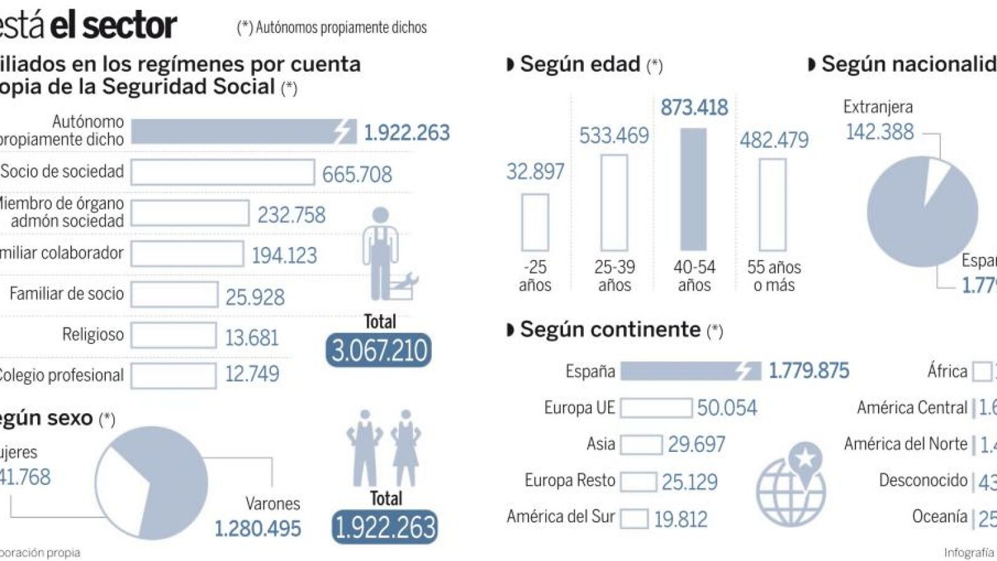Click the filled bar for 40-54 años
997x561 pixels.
point(694,189)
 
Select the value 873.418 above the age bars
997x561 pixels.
point(694,108)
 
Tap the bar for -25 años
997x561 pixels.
point(535,223)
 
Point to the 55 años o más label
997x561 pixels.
point(774,276)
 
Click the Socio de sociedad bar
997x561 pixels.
point(222,173)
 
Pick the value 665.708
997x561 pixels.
point(357,175)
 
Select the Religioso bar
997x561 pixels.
point(174,335)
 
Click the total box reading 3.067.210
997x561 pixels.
point(379,350)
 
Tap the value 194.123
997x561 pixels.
point(284,256)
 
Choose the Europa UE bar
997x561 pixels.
point(656,408)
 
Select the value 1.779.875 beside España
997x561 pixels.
point(809,371)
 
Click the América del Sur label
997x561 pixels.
point(561,517)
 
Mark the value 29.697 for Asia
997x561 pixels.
point(697,444)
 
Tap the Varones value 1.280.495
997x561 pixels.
point(258,529)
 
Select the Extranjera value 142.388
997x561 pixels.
point(880,132)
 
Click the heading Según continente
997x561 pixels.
point(610,330)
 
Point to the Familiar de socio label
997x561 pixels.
point(67,294)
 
